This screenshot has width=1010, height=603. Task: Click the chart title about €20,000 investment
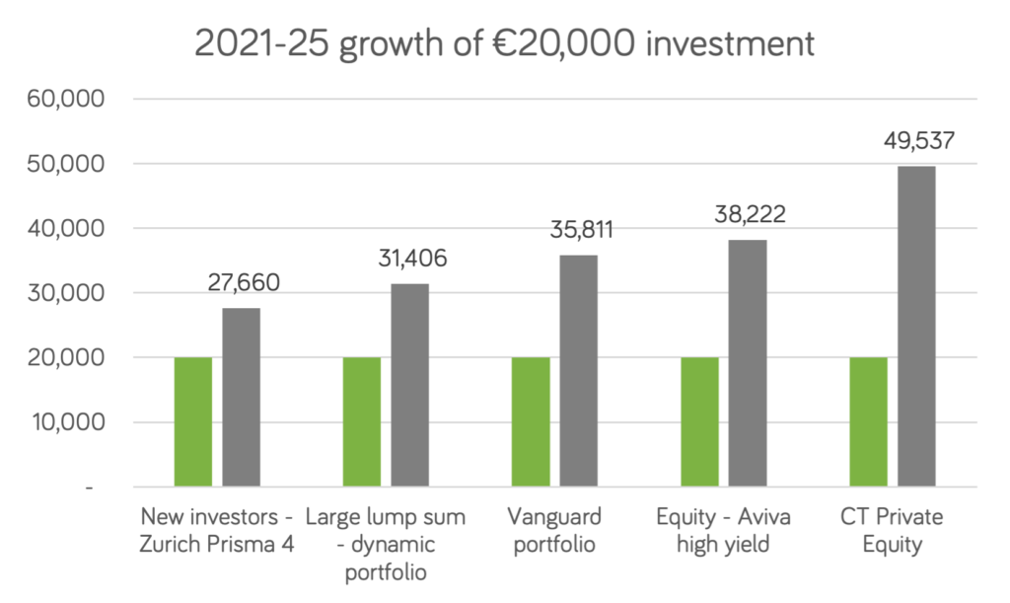[504, 44]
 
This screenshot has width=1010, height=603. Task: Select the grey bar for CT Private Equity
[917, 326]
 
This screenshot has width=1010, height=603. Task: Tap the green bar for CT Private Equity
[869, 421]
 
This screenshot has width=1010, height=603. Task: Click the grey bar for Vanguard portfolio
[579, 370]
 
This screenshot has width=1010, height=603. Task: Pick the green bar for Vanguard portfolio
[531, 421]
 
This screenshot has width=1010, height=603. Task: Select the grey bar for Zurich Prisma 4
[242, 397]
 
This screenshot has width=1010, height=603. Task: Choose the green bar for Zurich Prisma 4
[193, 421]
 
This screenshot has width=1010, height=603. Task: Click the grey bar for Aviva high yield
[748, 362]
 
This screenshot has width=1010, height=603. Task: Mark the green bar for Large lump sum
[362, 421]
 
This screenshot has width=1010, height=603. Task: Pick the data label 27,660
[243, 283]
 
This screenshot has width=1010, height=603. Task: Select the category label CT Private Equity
[892, 530]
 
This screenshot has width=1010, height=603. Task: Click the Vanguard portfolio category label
[553, 530]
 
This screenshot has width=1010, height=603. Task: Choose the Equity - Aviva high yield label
[723, 530]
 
